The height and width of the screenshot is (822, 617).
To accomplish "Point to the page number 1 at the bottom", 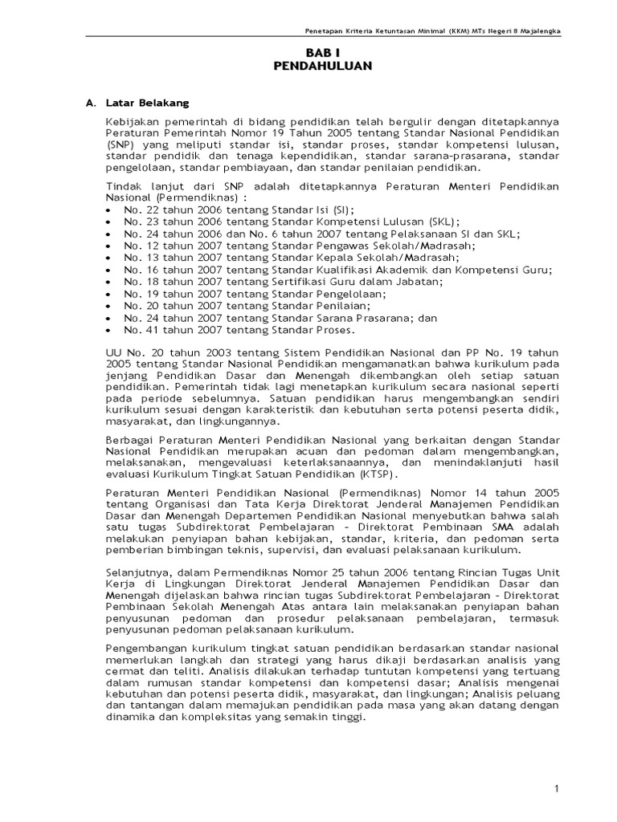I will tap(556, 790).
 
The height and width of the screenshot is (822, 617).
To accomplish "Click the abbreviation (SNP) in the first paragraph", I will tap(120, 145).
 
